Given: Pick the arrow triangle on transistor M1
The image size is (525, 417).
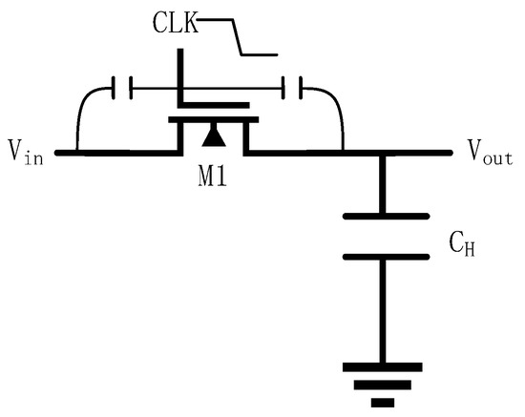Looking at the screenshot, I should (x=214, y=140).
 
